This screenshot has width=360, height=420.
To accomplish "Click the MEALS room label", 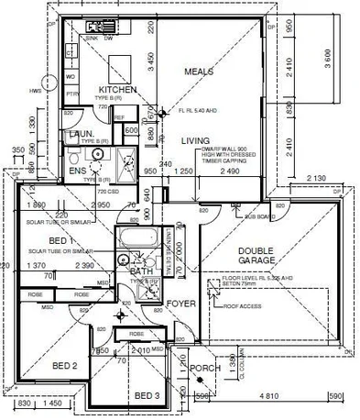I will (199, 72).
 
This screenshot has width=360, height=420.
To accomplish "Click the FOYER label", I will (180, 302).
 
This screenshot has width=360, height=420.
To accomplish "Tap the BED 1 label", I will (40, 240).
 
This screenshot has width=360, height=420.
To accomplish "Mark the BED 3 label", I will (147, 395).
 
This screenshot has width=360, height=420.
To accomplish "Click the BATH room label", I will (141, 272).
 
